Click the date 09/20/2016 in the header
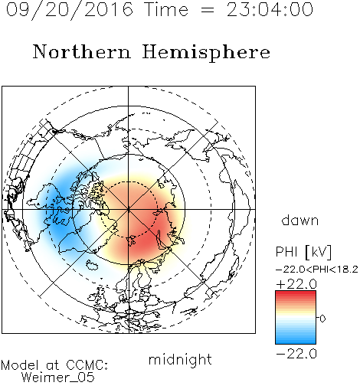tap(70, 10)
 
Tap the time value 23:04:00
tap(270, 9)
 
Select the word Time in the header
tap(166, 9)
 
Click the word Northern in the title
tap(82, 51)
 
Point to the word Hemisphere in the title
tap(206, 53)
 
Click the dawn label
tap(300, 220)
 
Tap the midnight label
tap(180, 359)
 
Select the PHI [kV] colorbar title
tap(303, 252)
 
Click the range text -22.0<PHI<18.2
tap(317, 270)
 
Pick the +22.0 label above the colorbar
tap(296, 284)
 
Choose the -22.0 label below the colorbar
tap(296, 354)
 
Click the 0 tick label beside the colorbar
tap(322, 319)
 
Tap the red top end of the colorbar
tap(296, 293)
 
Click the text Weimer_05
tap(58, 378)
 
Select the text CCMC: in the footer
tap(87, 365)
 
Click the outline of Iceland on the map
tap(92, 265)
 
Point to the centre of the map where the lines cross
tap(129, 210)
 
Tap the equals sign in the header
tap(208, 10)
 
